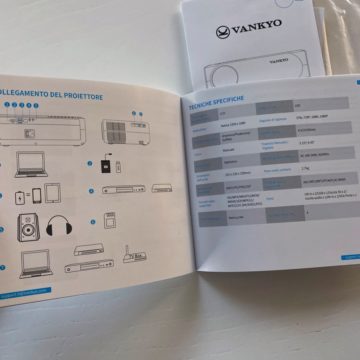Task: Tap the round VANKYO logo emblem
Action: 223,31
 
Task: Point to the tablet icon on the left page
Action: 52,193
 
